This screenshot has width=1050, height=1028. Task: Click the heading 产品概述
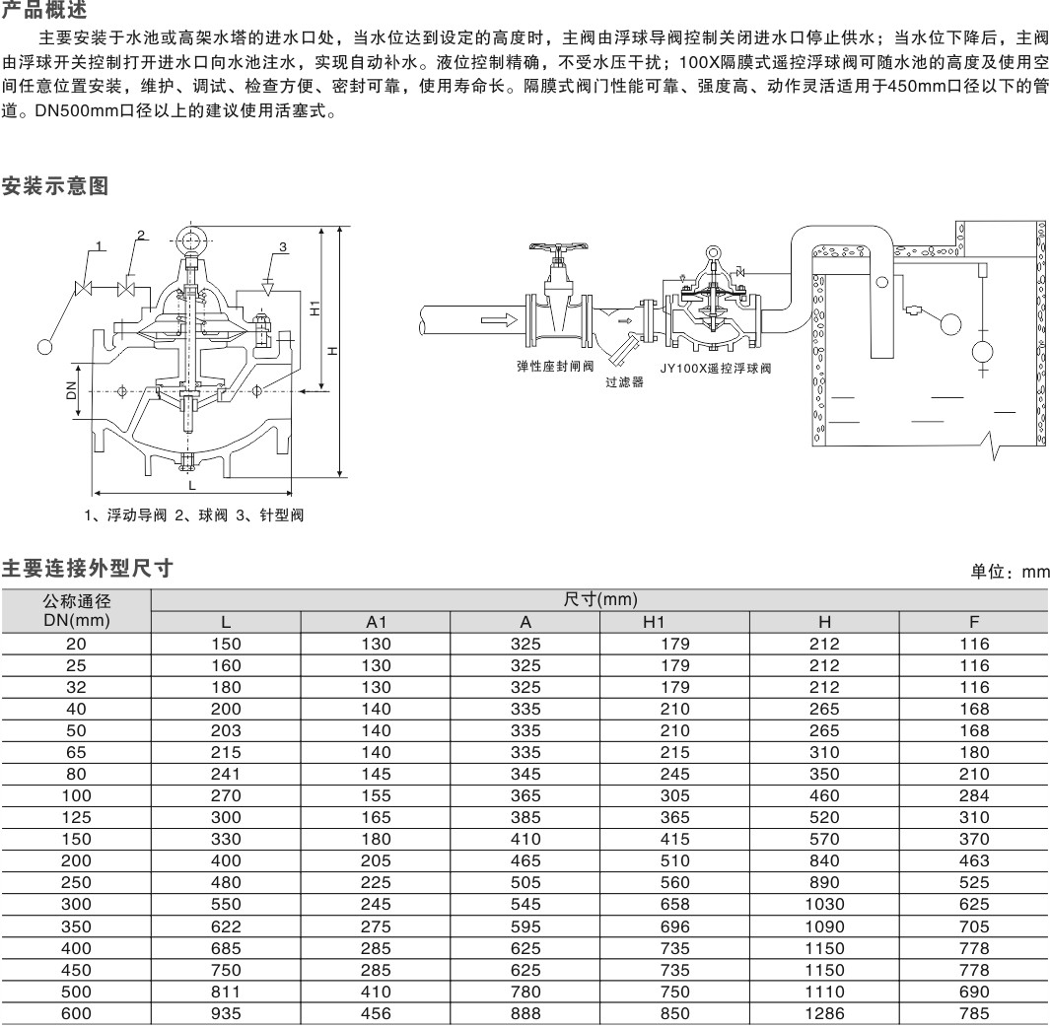44,10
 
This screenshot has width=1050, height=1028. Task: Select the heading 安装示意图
55,185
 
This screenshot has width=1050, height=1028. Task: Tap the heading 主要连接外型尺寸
88,569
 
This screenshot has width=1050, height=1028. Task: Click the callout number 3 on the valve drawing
283,247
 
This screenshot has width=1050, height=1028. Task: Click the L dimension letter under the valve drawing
192,485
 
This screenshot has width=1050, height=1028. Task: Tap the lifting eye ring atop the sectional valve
192,239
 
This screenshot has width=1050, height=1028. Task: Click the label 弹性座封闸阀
555,366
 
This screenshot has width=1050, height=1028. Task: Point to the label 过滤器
625,381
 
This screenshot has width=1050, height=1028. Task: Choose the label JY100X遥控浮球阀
716,368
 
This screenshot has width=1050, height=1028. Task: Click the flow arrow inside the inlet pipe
499,319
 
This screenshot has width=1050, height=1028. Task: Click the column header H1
654,622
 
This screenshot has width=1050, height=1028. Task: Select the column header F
974,622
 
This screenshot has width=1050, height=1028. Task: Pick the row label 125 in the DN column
76,817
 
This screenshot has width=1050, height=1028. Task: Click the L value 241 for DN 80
226,774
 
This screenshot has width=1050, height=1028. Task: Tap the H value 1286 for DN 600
824,1013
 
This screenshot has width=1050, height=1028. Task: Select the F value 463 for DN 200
974,860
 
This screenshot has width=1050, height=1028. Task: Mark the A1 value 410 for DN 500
376,992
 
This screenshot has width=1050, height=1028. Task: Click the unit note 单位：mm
1010,571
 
